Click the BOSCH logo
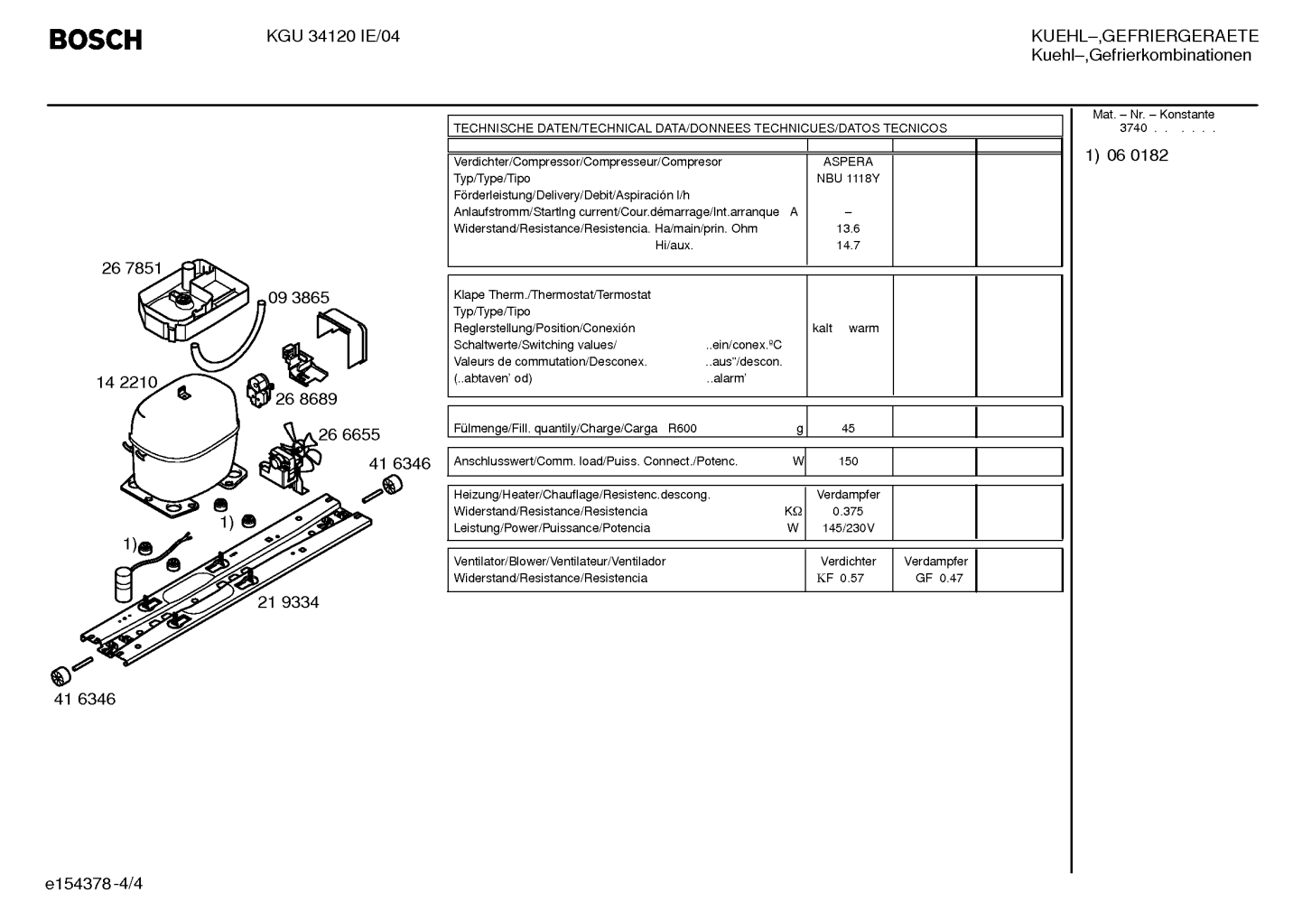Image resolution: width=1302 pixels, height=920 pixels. coord(96,40)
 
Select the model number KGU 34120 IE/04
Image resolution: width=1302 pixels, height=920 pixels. coord(333,37)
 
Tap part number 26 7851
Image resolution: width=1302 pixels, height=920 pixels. coord(132,268)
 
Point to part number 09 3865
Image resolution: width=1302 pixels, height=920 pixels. coord(299,298)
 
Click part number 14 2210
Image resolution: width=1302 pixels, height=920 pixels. coord(126,383)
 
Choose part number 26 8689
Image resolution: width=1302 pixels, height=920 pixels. coord(306,399)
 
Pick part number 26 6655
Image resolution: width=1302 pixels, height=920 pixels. coord(349,434)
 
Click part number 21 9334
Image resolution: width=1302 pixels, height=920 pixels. coord(288,602)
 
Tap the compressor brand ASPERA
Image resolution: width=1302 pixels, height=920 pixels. coord(848,162)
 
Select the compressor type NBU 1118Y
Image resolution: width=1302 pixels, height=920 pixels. coord(848,179)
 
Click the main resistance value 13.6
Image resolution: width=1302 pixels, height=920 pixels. coord(848,228)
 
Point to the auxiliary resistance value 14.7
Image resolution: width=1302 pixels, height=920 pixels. coord(848,246)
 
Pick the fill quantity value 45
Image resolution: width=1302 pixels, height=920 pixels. coord(848,428)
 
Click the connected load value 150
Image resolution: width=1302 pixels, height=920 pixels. coord(848,461)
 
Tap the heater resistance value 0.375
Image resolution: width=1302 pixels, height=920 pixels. coord(848,511)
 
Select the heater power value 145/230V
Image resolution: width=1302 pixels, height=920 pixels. coord(848,528)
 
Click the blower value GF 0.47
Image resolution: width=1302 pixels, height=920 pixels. coord(939,578)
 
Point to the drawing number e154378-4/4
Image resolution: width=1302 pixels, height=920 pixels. coord(94,884)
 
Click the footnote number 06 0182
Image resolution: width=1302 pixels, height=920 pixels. coord(1138,155)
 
